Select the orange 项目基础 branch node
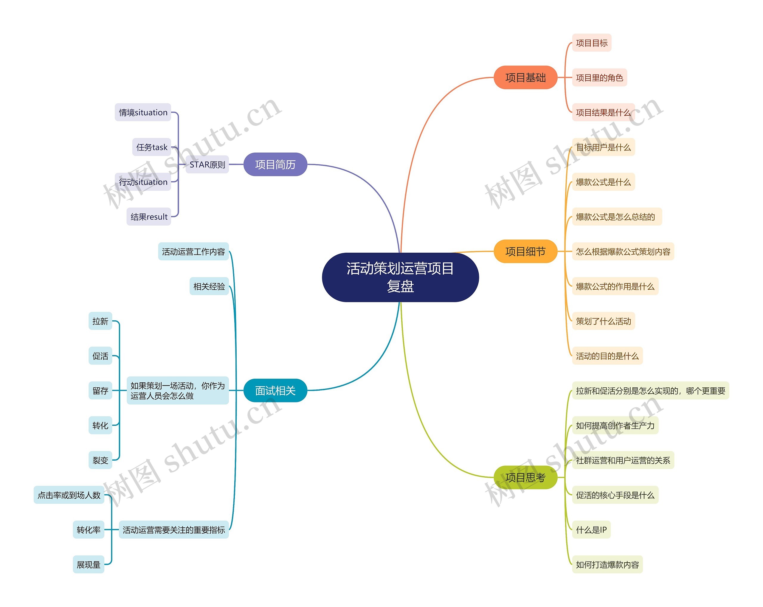click(525, 77)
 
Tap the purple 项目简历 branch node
click(275, 164)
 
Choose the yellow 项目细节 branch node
click(525, 252)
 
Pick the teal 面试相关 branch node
click(275, 391)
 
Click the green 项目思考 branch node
click(525, 478)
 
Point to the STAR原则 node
click(207, 164)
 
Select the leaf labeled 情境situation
click(143, 112)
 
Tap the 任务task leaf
click(151, 147)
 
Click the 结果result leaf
click(149, 217)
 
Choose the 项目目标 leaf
click(591, 43)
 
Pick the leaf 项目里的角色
click(599, 78)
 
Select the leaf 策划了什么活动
click(603, 321)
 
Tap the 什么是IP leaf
click(591, 530)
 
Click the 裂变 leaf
click(100, 460)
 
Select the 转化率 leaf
click(89, 530)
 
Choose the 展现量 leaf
click(89, 565)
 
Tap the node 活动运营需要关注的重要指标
click(174, 530)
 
